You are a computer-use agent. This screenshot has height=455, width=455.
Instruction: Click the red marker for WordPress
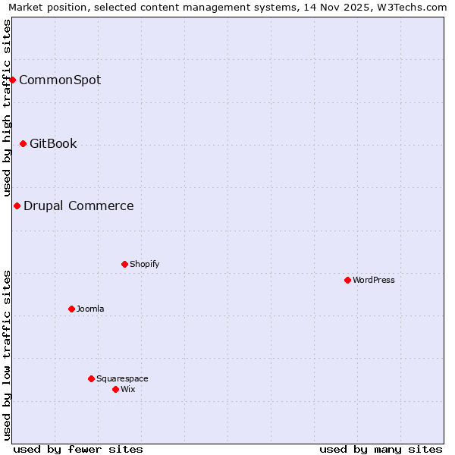347,280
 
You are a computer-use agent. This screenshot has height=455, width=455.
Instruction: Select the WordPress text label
374,280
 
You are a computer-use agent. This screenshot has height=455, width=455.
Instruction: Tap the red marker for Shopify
124,264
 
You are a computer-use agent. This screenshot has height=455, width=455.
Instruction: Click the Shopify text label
144,264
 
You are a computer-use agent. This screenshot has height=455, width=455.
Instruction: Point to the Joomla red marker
71,309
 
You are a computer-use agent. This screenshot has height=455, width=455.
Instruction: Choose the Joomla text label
90,309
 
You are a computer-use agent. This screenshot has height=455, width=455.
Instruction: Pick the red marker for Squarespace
91,378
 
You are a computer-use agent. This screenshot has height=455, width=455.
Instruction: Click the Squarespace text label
122,378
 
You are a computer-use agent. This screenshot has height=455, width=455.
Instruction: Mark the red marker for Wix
115,389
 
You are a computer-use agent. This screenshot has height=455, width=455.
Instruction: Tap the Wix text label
128,389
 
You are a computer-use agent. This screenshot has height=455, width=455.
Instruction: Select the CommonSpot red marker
12,80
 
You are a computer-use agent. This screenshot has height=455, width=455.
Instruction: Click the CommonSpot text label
60,80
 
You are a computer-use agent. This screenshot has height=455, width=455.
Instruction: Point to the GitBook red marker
23,143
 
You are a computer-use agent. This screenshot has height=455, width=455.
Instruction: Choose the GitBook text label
53,143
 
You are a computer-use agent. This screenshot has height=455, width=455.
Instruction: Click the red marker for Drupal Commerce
17,206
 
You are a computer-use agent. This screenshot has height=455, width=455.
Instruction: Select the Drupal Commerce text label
79,206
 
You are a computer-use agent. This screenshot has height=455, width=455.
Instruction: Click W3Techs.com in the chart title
412,8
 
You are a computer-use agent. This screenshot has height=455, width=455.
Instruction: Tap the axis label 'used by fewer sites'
78,449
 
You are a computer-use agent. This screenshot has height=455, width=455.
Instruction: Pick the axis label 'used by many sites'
381,449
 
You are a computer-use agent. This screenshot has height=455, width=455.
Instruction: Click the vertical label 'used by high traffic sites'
8,108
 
